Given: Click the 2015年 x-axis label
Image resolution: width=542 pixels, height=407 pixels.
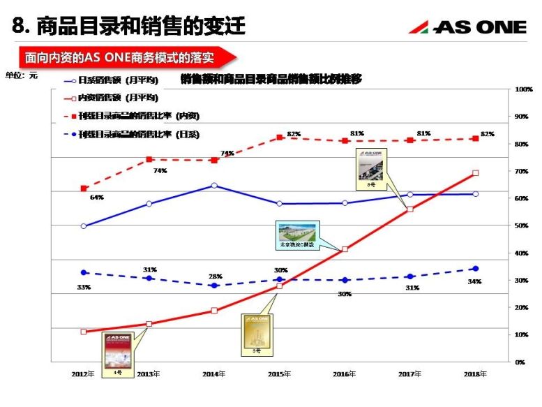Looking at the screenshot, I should (279, 374).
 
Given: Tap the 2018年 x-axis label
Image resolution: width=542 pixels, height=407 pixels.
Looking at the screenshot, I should (475, 374).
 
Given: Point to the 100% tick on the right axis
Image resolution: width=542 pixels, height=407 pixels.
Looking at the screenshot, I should (524, 89).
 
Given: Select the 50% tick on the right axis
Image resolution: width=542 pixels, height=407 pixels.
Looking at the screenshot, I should (522, 225).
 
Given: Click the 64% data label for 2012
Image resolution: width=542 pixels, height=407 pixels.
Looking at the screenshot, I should (96, 198).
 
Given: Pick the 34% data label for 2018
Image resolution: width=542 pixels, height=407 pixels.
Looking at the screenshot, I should (475, 281).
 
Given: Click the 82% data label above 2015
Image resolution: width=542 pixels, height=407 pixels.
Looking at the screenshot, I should (293, 134).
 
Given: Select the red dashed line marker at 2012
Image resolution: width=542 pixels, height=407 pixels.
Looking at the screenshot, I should (84, 188).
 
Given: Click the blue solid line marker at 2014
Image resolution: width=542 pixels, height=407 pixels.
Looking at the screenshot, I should (214, 186).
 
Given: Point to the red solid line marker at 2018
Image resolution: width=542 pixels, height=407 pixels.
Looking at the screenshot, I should (475, 172).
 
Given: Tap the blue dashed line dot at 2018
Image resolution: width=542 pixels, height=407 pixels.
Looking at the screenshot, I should (475, 269).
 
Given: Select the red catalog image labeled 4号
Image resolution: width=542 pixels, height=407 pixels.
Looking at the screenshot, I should (117, 350).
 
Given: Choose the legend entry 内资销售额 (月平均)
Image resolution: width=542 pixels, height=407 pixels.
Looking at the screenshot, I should (111, 98).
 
